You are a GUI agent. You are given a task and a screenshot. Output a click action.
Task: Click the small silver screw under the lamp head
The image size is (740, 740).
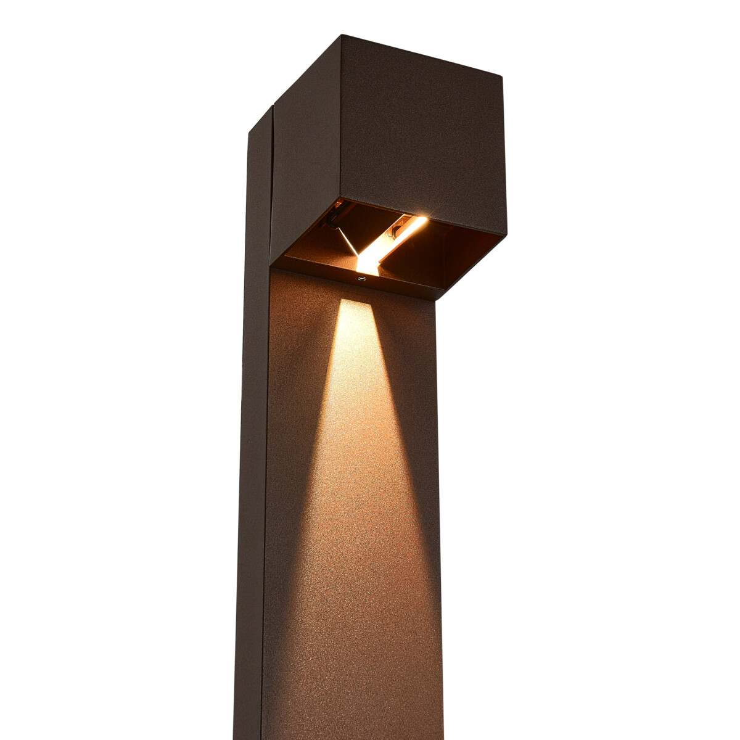[361, 279]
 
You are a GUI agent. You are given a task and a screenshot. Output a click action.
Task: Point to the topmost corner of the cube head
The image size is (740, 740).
[341, 36]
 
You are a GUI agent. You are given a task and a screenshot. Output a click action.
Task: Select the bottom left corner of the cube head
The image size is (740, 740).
[271, 262]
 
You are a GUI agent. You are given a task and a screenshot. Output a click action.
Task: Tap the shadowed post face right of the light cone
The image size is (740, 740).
[419, 493]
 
